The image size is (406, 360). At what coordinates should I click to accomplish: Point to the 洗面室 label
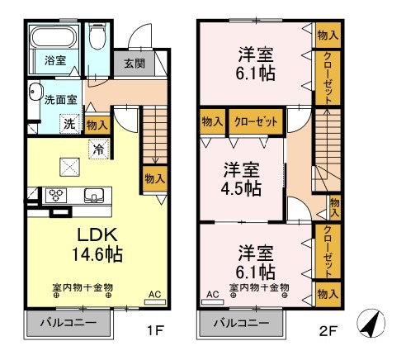[x=59, y=100]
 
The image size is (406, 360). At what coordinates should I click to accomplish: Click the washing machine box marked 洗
[x=71, y=124]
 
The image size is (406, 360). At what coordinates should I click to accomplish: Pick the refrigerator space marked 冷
[x=98, y=150]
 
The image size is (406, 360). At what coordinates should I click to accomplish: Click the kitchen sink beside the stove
[x=93, y=196]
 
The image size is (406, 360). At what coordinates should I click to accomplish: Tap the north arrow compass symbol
[x=372, y=324]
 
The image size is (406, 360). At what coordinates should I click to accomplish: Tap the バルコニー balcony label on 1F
[x=69, y=322]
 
